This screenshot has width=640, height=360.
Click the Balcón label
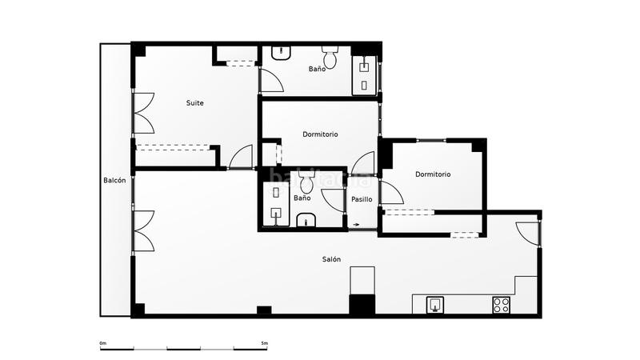click(114, 181)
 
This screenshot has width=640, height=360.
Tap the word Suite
click(194, 102)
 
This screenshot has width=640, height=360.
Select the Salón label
click(332, 259)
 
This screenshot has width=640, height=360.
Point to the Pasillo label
click(362, 199)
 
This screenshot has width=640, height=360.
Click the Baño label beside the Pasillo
click(302, 198)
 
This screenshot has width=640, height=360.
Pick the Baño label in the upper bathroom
click(317, 70)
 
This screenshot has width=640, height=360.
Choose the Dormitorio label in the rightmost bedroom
click(432, 174)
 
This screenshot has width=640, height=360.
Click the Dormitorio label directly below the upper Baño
click(320, 134)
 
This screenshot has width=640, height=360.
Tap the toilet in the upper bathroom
click(330, 58)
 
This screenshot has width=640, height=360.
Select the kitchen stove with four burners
click(502, 305)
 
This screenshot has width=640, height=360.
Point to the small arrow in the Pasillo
click(355, 225)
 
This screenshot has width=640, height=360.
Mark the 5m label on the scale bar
click(264, 343)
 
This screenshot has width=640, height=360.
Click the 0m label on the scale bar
click(102, 343)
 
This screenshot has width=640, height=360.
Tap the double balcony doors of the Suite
click(142, 113)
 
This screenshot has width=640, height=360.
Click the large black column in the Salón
click(362, 305)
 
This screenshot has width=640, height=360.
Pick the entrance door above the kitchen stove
click(529, 233)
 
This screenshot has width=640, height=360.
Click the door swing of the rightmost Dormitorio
click(390, 194)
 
